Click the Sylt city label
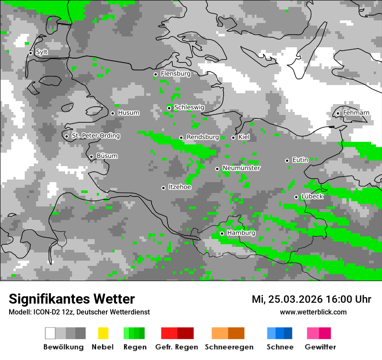pyautogui.click(x=42, y=52)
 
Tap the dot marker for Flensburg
pyautogui.click(x=155, y=74)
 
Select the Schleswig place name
pyautogui.click(x=189, y=108)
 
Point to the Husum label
pyautogui.click(x=128, y=113)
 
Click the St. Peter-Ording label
pyautogui.click(x=95, y=136)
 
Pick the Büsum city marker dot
pyautogui.click(x=91, y=157)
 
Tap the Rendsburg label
pyautogui.click(x=202, y=137)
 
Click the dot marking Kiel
pyautogui.click(x=233, y=137)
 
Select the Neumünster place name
pyautogui.click(x=241, y=168)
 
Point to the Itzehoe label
pyautogui.click(x=180, y=187)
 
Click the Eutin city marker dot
pyautogui.click(x=287, y=160)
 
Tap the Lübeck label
pyautogui.click(x=312, y=196)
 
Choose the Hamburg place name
pyautogui.click(x=241, y=233)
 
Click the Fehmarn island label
pyautogui.click(x=356, y=113)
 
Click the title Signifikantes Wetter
pyautogui.click(x=72, y=299)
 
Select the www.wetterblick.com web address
pyautogui.click(x=313, y=312)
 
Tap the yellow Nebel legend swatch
pyautogui.click(x=103, y=333)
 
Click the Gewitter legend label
pyautogui.click(x=320, y=347)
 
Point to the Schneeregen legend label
pyautogui.click(x=228, y=347)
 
